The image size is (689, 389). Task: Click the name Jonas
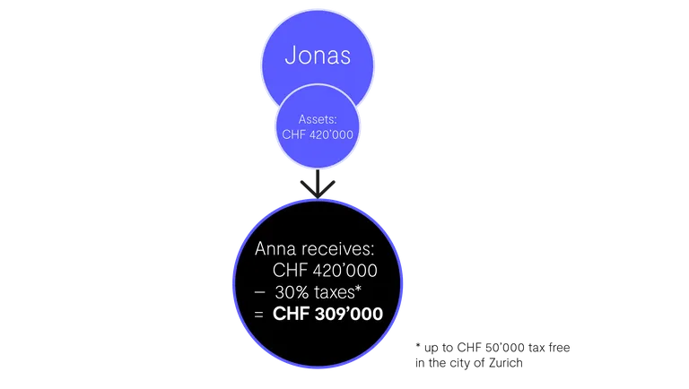tap(318, 56)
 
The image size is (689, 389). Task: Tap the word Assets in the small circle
tap(318, 119)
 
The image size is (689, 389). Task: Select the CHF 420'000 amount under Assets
tap(318, 134)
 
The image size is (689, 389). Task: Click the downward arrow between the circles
tap(318, 184)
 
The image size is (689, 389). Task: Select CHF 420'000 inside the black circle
tap(325, 271)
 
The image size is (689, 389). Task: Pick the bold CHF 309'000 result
tap(327, 314)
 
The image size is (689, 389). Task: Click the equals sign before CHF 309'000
tap(258, 315)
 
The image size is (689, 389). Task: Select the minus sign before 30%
tap(259, 292)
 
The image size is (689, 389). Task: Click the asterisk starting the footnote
tap(418, 346)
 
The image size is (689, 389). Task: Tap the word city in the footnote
tap(458, 364)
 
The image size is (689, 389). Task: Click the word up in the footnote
tap(432, 348)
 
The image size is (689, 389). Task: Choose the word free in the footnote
tap(560, 347)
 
